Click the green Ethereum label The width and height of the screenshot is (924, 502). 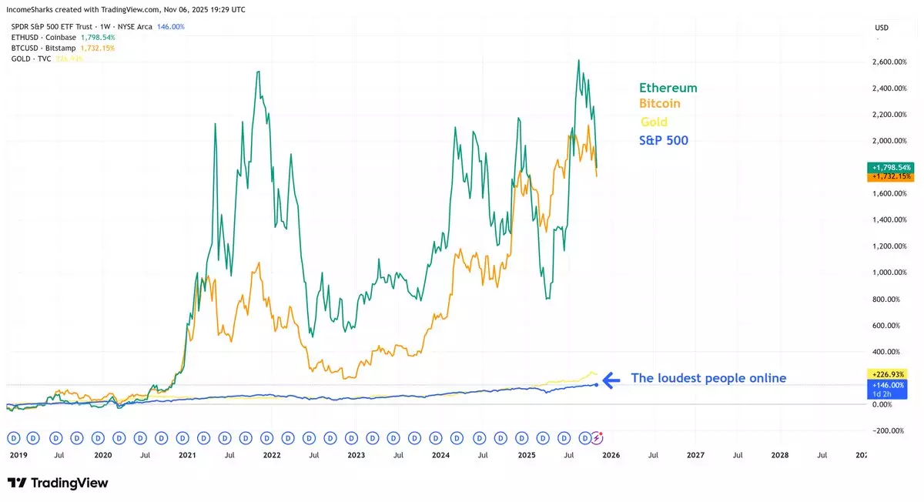tap(668, 88)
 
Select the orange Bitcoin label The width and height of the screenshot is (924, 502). tap(659, 103)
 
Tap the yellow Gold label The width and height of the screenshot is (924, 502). tap(654, 122)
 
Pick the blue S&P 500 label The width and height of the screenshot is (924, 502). tap(663, 140)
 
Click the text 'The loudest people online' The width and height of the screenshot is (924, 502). tap(708, 378)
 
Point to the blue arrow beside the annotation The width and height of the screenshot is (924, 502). tap(611, 379)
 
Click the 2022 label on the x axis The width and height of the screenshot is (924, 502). tap(271, 455)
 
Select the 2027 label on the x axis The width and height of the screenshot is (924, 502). tap(695, 455)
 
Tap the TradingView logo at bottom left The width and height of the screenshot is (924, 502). tap(58, 483)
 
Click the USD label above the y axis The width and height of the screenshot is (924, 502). tap(882, 28)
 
